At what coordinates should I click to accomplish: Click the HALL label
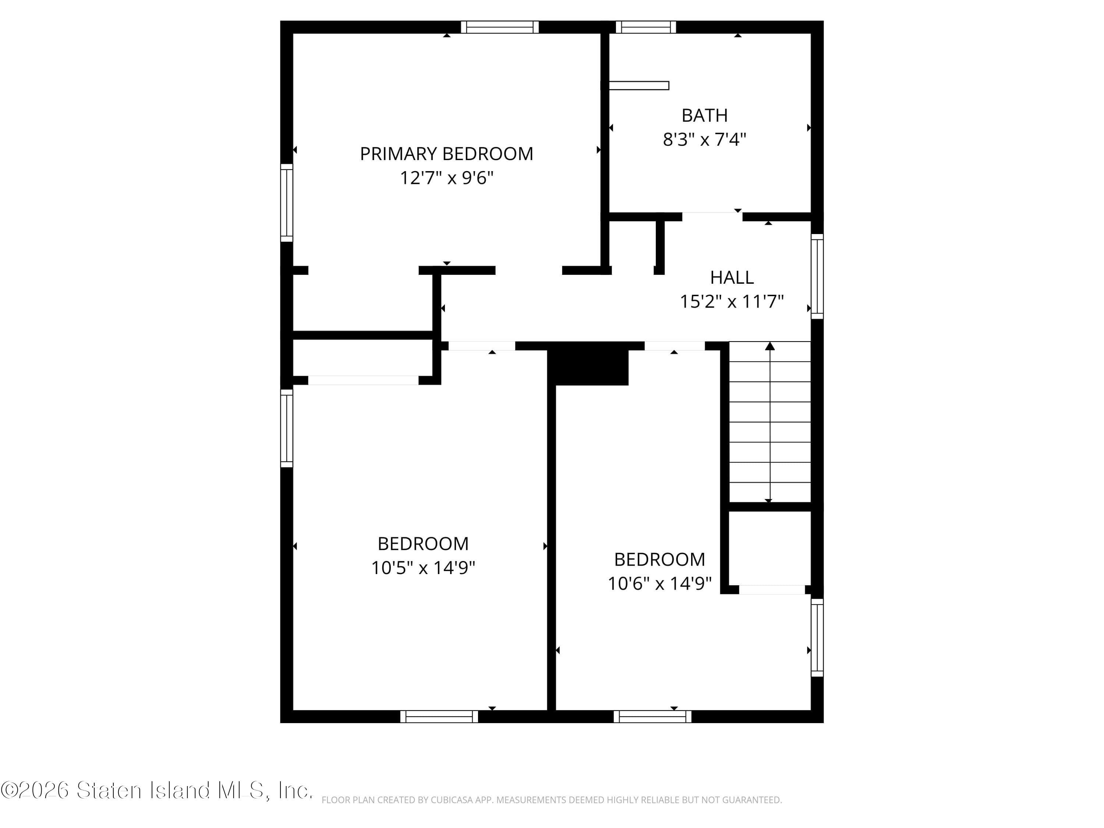coord(732,277)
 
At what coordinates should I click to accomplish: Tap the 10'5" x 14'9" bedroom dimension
coord(423,568)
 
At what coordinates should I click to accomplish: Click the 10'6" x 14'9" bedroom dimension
coord(659,583)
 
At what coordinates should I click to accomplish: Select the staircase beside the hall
coord(769,422)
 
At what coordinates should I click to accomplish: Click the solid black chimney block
coord(588,367)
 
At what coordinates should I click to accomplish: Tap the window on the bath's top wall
coord(645,27)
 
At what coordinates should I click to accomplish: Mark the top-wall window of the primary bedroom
coord(500,27)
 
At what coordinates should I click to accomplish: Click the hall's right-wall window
coord(817,276)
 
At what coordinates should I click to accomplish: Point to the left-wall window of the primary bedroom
coord(286,203)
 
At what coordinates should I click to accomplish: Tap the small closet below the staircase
coord(769,548)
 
